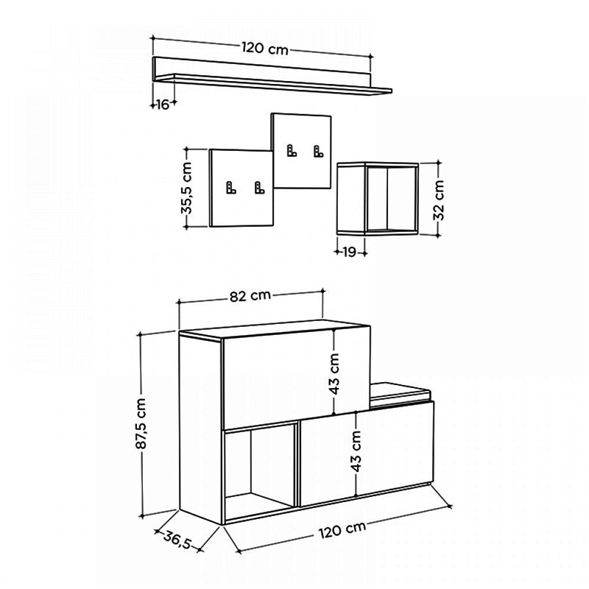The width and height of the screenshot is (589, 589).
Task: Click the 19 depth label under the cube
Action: pyautogui.click(x=349, y=252)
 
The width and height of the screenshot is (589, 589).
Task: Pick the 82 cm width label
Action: pyautogui.click(x=250, y=296)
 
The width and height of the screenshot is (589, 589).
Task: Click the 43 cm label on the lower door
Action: pyautogui.click(x=356, y=451)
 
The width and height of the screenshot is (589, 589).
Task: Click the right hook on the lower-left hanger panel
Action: pyautogui.click(x=258, y=188)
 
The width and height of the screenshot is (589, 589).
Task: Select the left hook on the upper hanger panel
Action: pyautogui.click(x=292, y=152)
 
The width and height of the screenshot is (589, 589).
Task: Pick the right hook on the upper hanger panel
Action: pyautogui.click(x=318, y=152)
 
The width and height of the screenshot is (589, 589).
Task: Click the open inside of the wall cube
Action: pyautogui.click(x=391, y=199)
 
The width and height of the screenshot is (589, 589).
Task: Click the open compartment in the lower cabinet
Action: pyautogui.click(x=259, y=468)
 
